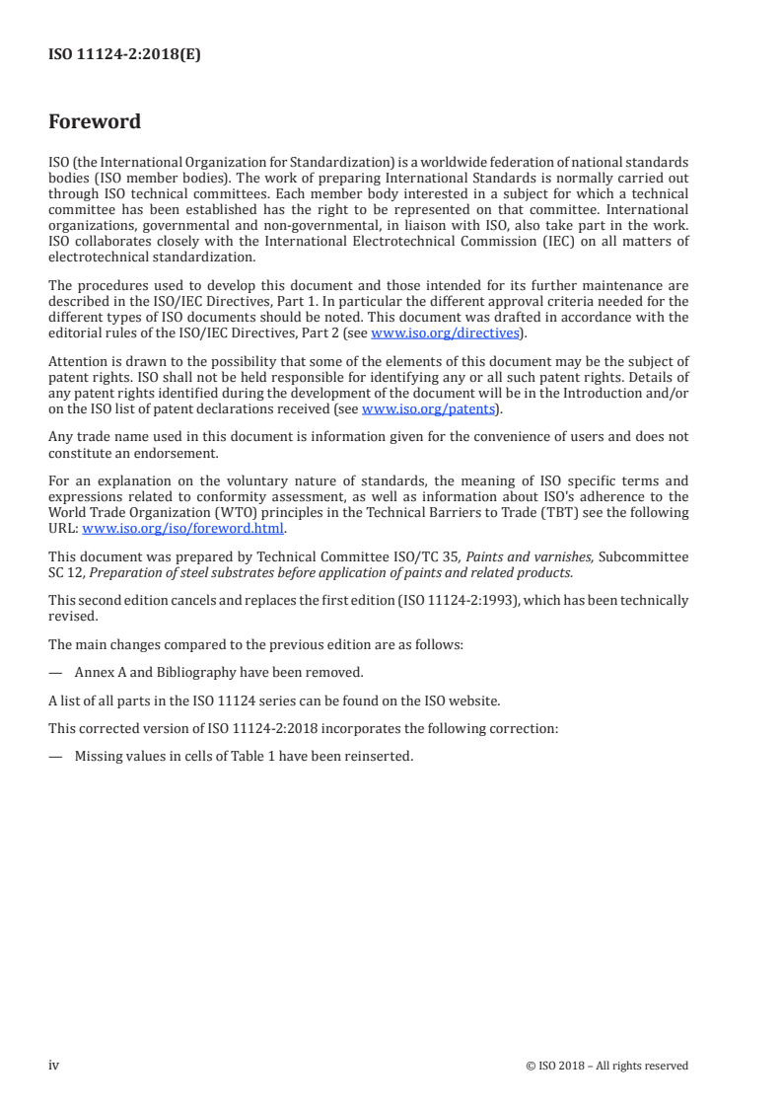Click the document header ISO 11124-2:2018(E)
[124, 56]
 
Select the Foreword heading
[95, 122]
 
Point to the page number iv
[54, 1065]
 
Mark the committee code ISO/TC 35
[412, 557]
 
